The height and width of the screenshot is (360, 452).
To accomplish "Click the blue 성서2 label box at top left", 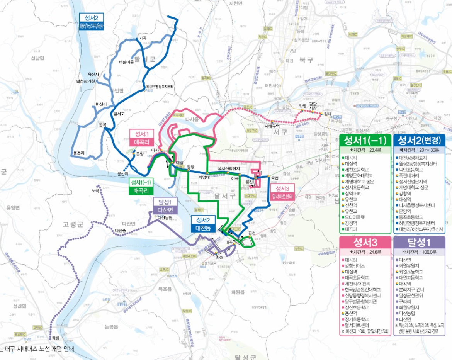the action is click(91, 21).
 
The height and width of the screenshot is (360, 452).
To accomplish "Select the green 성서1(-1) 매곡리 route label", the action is click(141, 187).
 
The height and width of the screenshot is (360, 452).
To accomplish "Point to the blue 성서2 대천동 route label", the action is click(203, 224).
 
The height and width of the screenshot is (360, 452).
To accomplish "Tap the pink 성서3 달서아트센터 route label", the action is click(284, 192).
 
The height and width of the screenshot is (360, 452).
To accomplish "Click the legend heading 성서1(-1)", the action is click(365, 140).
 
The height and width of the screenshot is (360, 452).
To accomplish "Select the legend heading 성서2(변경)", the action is click(419, 140).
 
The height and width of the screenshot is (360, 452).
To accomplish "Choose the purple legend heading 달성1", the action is click(419, 243).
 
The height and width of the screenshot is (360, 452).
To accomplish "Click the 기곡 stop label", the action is click(143, 38).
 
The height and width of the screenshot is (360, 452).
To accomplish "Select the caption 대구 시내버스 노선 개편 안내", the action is click(39, 349).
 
